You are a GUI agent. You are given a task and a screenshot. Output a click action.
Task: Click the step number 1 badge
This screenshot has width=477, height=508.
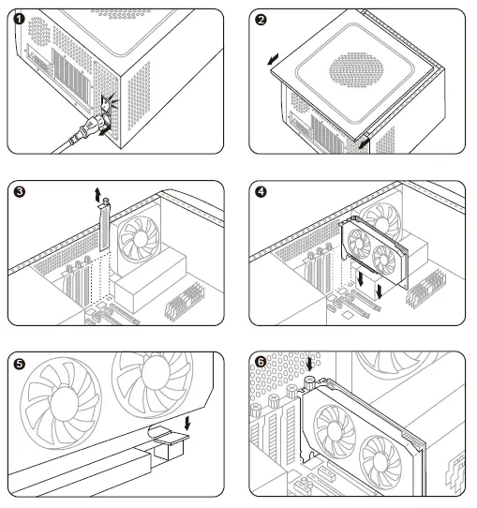point(20,19)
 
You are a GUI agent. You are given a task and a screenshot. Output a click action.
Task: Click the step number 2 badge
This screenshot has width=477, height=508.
point(261,20)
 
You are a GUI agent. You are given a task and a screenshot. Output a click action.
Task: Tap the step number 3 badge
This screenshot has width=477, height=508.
point(20,191)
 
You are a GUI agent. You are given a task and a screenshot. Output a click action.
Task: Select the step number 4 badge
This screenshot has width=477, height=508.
point(261,192)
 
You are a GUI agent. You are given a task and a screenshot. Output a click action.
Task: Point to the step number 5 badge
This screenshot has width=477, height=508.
point(20,364)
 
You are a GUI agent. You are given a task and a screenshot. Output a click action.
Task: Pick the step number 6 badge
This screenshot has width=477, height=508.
point(261,362)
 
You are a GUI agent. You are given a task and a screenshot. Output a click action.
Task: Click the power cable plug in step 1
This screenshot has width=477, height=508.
point(92,127)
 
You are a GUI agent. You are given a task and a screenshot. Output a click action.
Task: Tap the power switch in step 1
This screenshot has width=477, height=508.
point(106,103)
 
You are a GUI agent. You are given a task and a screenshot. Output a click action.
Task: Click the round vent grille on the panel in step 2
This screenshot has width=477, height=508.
point(356,70)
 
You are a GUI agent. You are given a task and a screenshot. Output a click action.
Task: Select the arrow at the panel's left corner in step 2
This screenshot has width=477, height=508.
point(273,59)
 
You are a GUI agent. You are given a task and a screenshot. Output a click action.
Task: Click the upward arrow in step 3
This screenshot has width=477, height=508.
point(97,194)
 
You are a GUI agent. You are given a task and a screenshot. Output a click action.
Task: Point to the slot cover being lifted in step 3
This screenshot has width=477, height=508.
point(105,226)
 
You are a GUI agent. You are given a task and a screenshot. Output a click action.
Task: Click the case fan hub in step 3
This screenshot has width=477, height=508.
point(141,239)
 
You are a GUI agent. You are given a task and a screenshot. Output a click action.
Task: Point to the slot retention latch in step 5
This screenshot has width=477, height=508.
point(168,441)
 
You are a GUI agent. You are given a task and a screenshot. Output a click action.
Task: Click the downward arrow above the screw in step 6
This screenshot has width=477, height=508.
point(310,365)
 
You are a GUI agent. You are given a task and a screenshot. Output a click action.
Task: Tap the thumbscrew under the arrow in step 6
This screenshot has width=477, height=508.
point(310,382)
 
